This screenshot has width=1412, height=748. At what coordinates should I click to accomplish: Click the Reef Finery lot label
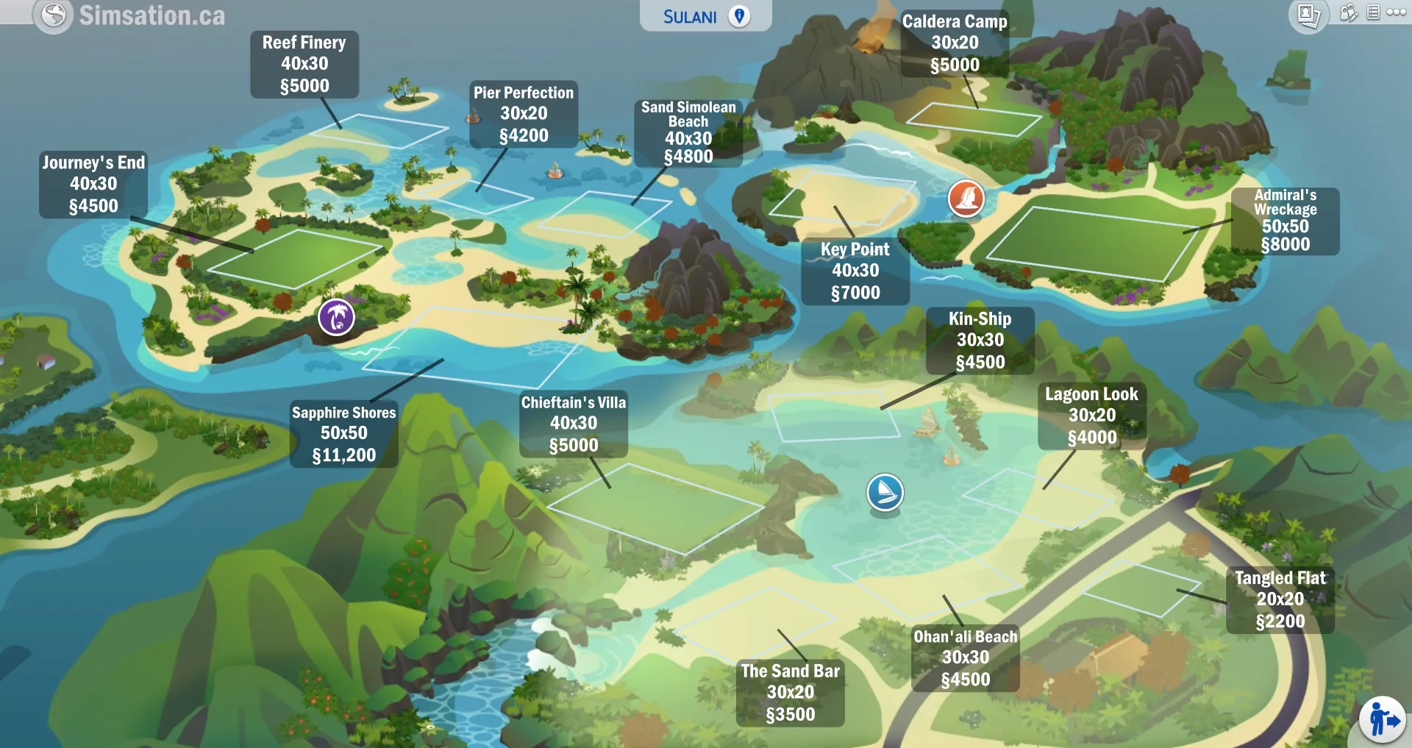tap(304, 65)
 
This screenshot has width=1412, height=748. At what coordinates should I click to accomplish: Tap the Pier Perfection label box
tap(524, 114)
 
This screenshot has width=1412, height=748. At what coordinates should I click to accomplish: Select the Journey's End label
tap(93, 184)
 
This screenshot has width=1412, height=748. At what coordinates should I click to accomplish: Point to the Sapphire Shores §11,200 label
tap(344, 434)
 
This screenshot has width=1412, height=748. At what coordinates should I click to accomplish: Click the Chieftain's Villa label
tap(574, 424)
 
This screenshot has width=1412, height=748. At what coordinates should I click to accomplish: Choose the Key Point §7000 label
tap(855, 271)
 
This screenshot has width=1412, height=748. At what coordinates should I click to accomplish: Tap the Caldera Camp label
tap(955, 43)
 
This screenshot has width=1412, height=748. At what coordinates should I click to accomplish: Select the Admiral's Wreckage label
tap(1286, 221)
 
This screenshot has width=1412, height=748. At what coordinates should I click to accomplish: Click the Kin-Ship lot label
tap(980, 341)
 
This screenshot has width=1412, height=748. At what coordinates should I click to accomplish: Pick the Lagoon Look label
tap(1092, 416)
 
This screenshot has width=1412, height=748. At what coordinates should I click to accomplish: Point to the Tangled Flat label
tap(1280, 599)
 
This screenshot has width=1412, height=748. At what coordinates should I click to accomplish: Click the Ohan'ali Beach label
tap(966, 658)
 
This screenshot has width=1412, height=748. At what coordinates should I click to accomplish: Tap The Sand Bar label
tap(791, 693)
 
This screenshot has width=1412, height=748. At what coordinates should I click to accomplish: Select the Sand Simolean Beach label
tap(688, 132)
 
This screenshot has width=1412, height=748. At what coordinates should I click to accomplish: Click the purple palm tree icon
tap(336, 317)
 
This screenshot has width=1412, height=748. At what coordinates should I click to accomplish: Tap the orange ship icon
tap(966, 198)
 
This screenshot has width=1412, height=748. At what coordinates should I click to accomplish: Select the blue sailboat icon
tap(885, 492)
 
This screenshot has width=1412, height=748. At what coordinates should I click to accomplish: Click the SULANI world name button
tap(705, 16)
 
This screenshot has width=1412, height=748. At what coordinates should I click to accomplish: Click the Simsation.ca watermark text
tap(151, 15)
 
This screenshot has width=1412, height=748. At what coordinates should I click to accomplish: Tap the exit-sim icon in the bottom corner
tap(1383, 720)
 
